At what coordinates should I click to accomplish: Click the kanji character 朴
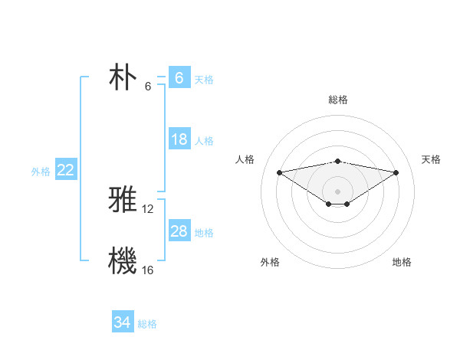tap(123, 77)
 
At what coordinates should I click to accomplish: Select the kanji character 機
tap(123, 260)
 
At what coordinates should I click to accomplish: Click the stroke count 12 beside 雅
tap(148, 208)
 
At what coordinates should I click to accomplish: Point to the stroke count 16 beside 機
tap(148, 270)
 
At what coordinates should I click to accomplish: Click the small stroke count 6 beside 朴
tap(148, 87)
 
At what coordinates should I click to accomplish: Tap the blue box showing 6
tap(179, 77)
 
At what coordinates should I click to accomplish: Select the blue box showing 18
tap(179, 139)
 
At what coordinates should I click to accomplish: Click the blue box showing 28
tap(179, 231)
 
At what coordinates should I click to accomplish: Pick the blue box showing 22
tap(66, 170)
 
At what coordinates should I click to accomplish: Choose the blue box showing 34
tap(123, 322)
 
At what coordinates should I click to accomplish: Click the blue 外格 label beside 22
tap(41, 172)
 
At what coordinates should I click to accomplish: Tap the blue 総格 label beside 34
tap(147, 324)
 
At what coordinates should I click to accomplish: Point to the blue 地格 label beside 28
tap(204, 233)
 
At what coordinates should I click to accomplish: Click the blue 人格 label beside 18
tap(204, 141)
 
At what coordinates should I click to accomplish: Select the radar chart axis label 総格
tap(338, 100)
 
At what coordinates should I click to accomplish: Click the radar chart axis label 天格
tap(431, 159)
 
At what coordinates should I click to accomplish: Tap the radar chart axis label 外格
tap(270, 262)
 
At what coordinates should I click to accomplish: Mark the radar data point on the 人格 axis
tap(279, 172)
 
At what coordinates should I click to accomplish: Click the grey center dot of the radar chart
tap(337, 190)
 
